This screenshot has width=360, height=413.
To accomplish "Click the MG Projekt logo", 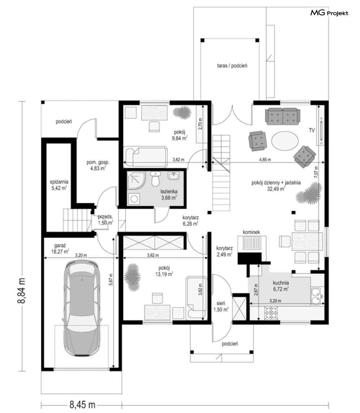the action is pos(329,13).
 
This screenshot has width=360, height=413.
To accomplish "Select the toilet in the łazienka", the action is pos(156,179).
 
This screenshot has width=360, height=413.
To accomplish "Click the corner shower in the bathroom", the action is pos(136,181).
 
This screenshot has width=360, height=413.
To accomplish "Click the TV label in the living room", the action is pos(312,130).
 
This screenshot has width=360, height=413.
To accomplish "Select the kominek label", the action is pos(251,232).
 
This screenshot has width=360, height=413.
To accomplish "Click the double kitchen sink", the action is pos(315,296).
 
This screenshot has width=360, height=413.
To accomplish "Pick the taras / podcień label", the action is pos(232,65).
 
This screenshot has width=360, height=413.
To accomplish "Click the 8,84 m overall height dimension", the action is pos(22,290).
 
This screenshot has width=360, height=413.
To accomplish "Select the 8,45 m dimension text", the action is pos(82,405).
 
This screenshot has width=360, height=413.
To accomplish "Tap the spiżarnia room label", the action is pos(59,182).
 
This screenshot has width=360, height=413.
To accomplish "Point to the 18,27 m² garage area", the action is pos(60,252).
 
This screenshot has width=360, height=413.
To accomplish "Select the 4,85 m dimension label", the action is pos(265,159).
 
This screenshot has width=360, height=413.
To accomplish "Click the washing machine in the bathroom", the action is pos(134,199).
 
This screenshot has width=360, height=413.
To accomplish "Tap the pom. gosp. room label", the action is pos(98,162).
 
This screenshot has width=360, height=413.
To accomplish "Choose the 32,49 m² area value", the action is pos(276,188).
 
